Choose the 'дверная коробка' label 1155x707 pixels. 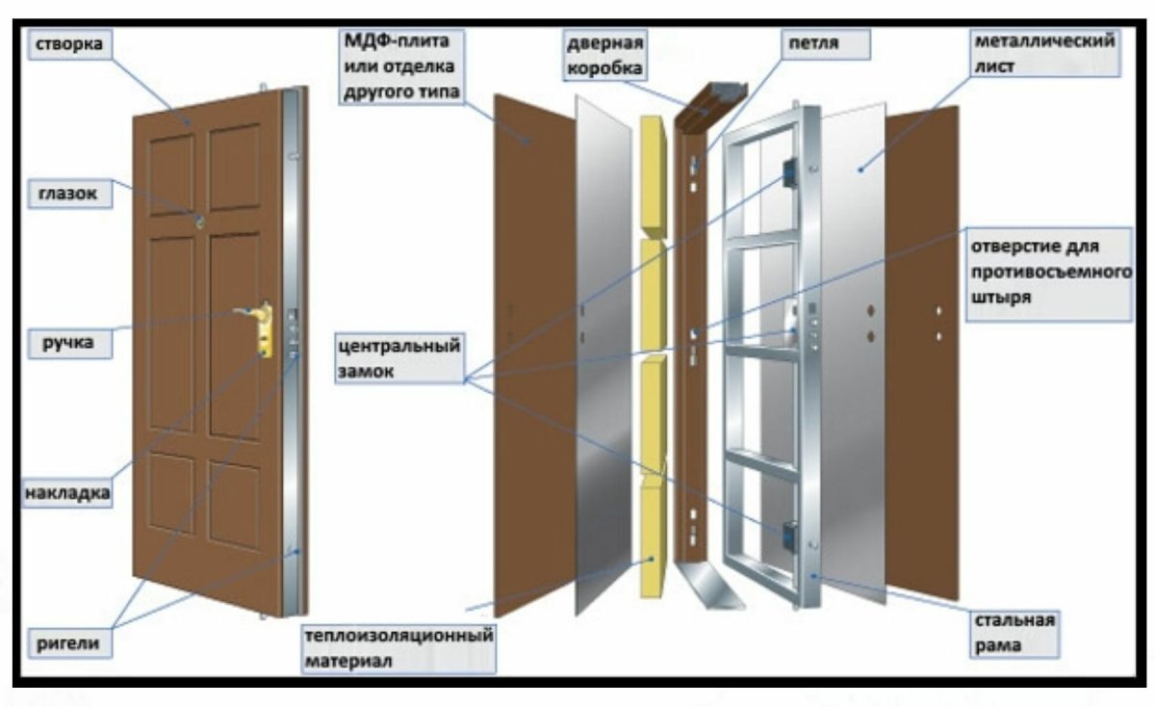pyautogui.click(x=605, y=56)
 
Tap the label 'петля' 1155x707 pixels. pyautogui.click(x=812, y=44)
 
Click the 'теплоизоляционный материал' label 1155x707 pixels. pyautogui.click(x=398, y=648)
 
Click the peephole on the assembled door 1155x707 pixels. pyautogui.click(x=201, y=222)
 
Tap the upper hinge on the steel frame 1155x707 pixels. pyautogui.click(x=788, y=173)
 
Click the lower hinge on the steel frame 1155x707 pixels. pyautogui.click(x=788, y=533)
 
